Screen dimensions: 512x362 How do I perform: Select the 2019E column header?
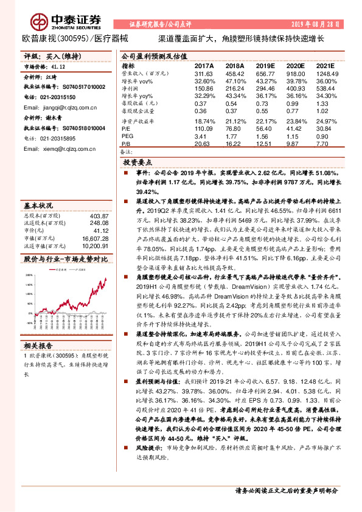coord(265,65)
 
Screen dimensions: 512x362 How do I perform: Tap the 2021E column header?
coord(326,65)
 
